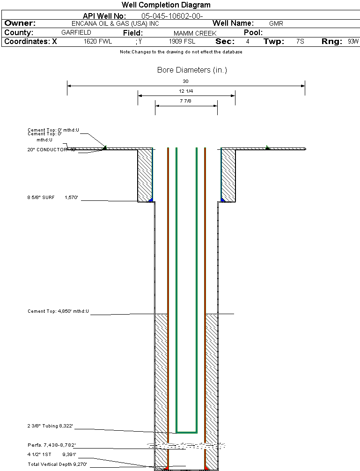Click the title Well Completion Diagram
click(x=166, y=5)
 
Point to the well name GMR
click(x=276, y=23)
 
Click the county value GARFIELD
click(x=76, y=33)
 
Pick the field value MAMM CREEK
click(x=195, y=33)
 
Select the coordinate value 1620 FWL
click(x=98, y=42)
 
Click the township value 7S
click(x=300, y=42)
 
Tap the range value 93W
click(x=353, y=42)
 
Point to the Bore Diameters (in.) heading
click(x=192, y=70)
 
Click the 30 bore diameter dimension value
click(x=185, y=81)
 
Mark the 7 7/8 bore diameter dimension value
click(x=186, y=101)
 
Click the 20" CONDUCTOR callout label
click(x=49, y=150)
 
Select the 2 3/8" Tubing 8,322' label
click(x=50, y=427)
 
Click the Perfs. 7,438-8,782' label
click(x=51, y=445)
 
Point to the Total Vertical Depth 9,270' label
click(x=57, y=464)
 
